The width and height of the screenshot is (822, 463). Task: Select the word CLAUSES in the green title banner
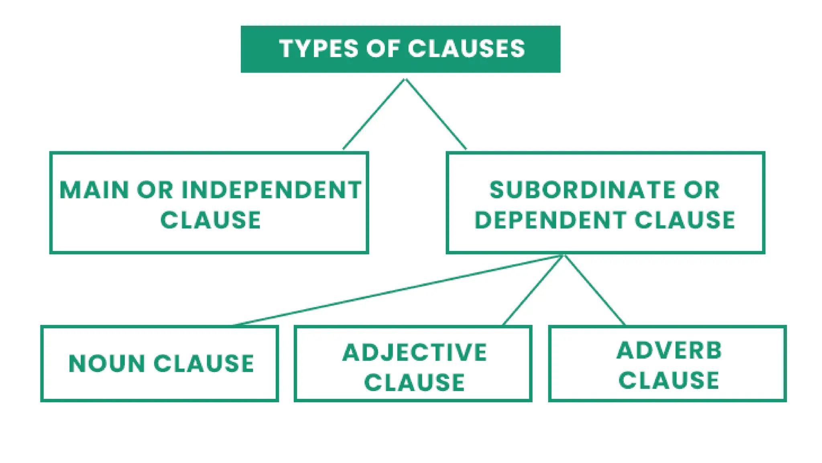(466, 49)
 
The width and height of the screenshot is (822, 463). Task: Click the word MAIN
(94, 190)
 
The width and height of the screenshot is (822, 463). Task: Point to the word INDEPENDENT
(272, 190)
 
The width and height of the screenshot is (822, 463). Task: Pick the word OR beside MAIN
(155, 190)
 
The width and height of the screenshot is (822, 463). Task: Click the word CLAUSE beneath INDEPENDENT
(211, 220)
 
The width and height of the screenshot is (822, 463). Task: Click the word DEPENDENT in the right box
(550, 220)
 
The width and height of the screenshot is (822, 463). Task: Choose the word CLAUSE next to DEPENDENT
(685, 220)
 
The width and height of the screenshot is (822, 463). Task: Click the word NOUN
(107, 364)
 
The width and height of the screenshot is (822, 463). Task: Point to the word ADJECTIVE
(415, 353)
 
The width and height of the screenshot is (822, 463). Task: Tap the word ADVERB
(669, 351)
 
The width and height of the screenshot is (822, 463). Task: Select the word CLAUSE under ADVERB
(669, 380)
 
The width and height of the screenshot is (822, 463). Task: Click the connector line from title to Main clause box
(373, 114)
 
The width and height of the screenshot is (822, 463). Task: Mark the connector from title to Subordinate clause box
(436, 114)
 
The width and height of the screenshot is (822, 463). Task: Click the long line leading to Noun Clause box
(397, 290)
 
